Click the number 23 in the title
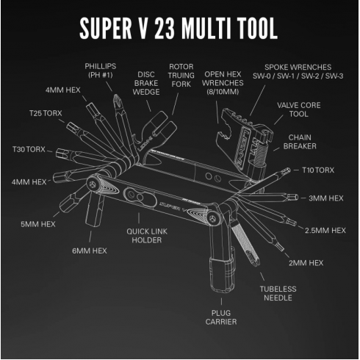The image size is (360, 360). coord(165,29)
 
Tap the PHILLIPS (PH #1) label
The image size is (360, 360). coord(101,71)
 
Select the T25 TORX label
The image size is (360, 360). coord(46,113)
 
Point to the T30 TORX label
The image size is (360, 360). coord(29,149)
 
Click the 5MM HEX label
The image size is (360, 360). coord(38,224)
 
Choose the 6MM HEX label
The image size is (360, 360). coord(90,251)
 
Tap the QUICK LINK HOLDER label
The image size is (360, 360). coord(147,236)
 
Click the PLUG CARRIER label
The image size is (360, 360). coord(221,317)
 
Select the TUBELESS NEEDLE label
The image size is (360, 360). coord(278,293)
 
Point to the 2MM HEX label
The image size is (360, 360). coord(306,263)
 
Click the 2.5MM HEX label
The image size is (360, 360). coord(325,231)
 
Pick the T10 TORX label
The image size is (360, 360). coord(318,170)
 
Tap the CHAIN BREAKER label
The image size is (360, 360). coord(300,142)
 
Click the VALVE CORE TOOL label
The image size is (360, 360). coord(299,109)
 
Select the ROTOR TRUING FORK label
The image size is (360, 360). coord(181,75)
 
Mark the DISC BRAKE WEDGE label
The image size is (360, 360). coord(146,83)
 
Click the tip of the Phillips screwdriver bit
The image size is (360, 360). coord(117,96)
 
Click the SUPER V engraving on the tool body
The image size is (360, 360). coord(173,206)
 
